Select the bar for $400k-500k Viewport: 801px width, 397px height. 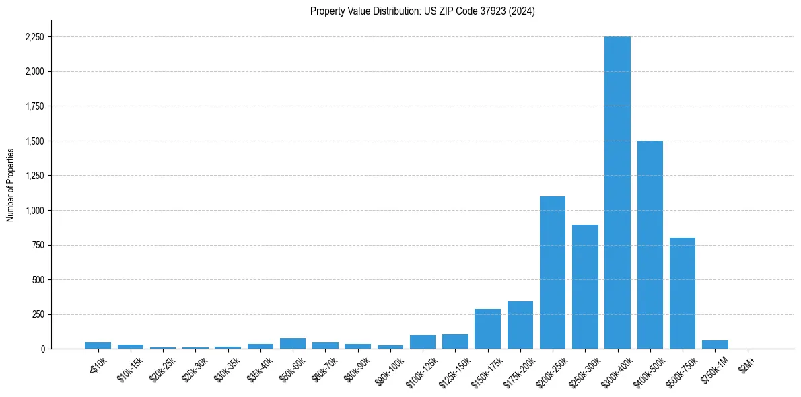tap(650, 245)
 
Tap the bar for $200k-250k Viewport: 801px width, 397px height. tap(553, 273)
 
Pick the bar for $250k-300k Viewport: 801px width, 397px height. tap(585, 287)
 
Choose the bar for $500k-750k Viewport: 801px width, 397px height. tap(683, 293)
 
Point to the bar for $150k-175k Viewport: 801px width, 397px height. tap(487, 329)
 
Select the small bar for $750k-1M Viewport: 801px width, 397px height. tap(715, 345)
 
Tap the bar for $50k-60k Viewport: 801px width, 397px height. tap(293, 344)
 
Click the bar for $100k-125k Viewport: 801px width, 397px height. tap(423, 342)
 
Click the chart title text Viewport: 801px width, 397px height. tap(423, 11)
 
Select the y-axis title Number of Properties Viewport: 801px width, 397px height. tap(11, 184)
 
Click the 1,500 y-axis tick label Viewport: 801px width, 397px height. tap(35, 141)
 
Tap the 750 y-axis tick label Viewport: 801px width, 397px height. tap(38, 245)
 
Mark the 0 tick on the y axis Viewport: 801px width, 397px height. tap(42, 349)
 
